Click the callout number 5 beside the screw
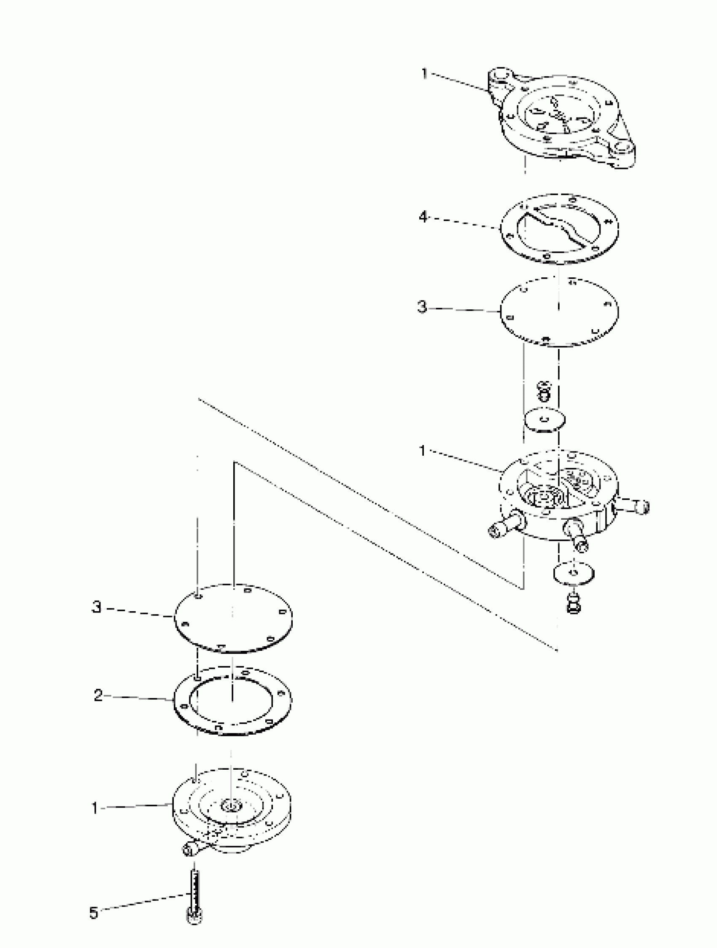pos(94,913)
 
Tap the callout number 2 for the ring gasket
pos(98,695)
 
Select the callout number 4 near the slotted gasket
pos(423,217)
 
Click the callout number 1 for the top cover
pos(425,74)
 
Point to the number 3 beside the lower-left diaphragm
pos(97,607)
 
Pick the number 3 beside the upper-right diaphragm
pos(422,307)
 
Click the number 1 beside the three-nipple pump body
pos(422,451)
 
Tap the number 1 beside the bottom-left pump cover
pos(95,808)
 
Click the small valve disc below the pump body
pos(574,572)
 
